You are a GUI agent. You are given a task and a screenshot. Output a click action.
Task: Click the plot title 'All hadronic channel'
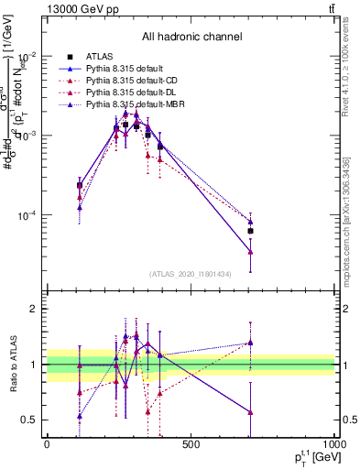[x=191, y=37]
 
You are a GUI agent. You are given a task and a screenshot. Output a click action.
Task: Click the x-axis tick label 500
[x=191, y=444]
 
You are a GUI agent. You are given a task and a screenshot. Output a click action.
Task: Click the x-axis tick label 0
[x=47, y=444]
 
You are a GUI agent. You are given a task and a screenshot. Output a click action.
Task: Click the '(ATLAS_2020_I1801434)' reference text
[x=191, y=274]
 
